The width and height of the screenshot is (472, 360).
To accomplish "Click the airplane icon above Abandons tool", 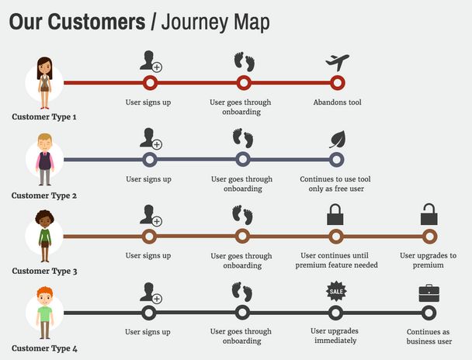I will click(337, 61).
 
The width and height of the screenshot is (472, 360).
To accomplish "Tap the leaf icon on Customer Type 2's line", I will click(337, 140).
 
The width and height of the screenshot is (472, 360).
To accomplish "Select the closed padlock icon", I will click(335, 213).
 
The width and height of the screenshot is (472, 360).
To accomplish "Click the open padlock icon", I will click(429, 213).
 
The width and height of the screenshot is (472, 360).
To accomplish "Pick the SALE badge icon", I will click(335, 292).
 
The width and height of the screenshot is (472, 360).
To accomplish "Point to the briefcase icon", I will click(429, 292).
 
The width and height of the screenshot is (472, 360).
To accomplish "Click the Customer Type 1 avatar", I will click(44, 81).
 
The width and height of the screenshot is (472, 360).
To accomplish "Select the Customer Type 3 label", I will click(44, 271).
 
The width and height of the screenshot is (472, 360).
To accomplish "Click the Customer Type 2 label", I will click(44, 196).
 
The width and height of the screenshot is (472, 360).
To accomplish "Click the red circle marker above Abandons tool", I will click(337, 82).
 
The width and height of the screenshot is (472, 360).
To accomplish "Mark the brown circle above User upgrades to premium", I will click(429, 237).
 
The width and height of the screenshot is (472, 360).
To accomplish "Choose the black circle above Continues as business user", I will click(429, 313).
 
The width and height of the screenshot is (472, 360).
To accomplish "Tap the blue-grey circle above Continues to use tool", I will click(336, 159).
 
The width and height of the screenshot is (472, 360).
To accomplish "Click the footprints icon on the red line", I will click(244, 61).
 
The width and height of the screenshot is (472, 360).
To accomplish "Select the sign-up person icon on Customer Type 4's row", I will click(150, 292).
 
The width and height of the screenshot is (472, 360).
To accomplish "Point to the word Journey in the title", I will click(197, 22).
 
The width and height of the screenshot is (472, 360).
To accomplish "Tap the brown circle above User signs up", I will click(150, 237).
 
